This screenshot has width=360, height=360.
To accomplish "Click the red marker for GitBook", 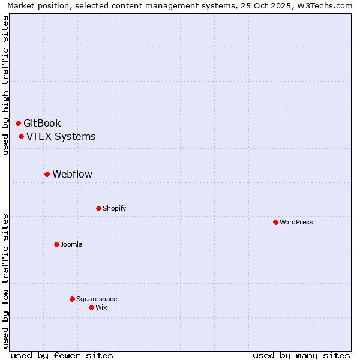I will [19, 123].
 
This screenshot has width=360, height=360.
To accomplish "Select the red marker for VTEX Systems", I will [22, 136].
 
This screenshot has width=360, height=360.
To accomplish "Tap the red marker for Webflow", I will [47, 174].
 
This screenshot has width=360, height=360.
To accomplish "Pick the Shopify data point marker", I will [98, 208].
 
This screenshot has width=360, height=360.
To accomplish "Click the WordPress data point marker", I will [275, 222].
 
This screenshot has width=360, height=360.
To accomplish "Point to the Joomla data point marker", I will [56, 244].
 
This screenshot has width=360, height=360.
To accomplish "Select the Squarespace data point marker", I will [72, 299].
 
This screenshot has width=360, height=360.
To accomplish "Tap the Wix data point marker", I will [91, 307].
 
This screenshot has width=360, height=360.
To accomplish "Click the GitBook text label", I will [42, 124].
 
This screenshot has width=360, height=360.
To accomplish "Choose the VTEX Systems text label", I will [61, 136].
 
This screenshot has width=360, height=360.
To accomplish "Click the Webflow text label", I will [72, 175].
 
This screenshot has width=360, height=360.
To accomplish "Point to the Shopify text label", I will [114, 208].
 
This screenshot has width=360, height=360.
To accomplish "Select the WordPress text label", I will [296, 222].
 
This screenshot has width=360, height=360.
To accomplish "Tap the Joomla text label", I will [71, 244].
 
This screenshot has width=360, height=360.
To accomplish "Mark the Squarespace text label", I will [97, 299].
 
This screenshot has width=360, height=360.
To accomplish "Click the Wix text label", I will [101, 307].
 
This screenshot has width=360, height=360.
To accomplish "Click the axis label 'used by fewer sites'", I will [62, 355].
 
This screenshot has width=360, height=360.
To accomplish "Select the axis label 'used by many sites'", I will [301, 355].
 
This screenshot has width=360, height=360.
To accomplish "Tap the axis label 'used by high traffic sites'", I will [5, 85].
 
